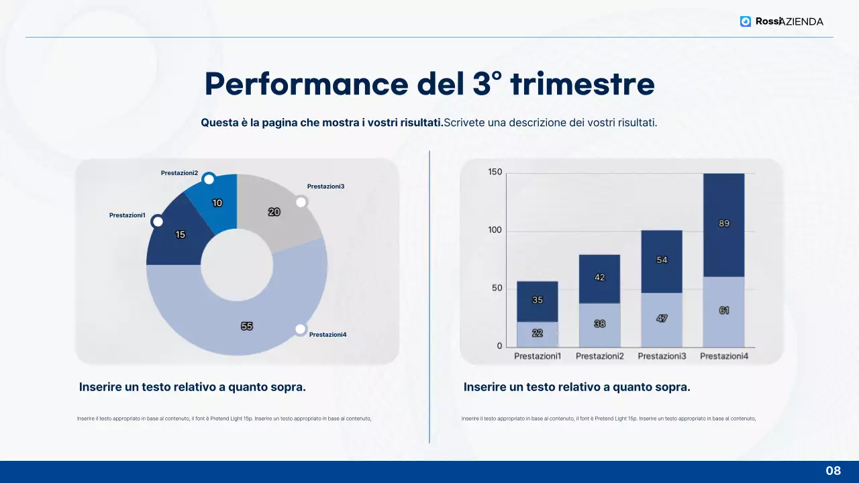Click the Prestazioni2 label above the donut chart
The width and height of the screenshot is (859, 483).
click(x=179, y=173)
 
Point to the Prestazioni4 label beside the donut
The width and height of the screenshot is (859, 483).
click(x=327, y=334)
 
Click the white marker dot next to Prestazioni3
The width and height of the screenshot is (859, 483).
click(x=301, y=202)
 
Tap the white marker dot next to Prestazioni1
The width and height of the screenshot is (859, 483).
click(x=158, y=221)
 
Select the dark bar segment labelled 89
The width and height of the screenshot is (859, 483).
click(x=724, y=224)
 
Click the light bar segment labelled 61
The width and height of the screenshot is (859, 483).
click(x=724, y=311)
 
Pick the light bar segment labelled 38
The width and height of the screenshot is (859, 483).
click(x=599, y=324)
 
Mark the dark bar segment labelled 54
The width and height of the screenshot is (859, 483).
click(x=662, y=260)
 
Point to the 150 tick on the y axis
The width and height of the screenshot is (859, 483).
click(x=495, y=172)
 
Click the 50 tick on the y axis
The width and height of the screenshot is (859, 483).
click(x=497, y=288)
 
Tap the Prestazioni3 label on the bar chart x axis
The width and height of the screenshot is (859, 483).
click(x=662, y=356)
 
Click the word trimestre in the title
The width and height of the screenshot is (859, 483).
click(x=582, y=85)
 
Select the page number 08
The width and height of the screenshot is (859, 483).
click(x=833, y=471)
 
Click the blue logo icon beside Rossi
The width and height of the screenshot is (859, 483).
click(x=745, y=21)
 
